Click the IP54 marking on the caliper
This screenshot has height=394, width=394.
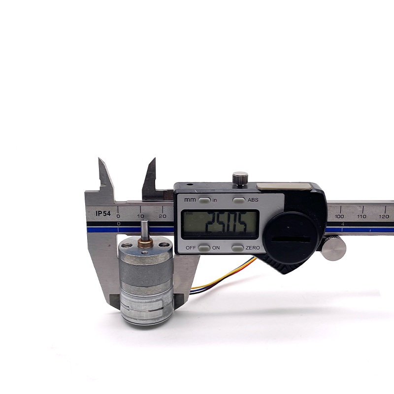[x=103, y=214]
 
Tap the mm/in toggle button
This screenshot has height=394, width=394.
[x=204, y=200]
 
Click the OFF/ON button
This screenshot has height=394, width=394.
[x=204, y=248]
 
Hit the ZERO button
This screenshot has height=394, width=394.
[x=237, y=248]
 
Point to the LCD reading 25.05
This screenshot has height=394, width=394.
[x=220, y=224]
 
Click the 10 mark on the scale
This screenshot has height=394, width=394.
[x=141, y=216]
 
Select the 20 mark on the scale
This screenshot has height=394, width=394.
[x=163, y=216]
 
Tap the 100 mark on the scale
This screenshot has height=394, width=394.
[x=339, y=216]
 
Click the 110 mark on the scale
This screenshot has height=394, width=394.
[x=362, y=216]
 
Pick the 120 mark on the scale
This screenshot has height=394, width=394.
[x=384, y=216]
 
